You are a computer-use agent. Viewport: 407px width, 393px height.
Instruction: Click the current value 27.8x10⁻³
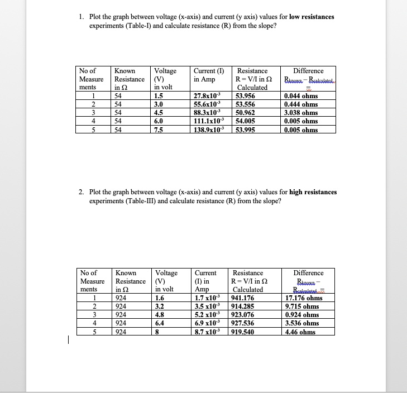pos(208,96)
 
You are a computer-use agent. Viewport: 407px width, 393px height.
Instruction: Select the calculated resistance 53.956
pos(246,96)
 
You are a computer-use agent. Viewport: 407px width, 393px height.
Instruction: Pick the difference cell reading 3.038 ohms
pos(301,113)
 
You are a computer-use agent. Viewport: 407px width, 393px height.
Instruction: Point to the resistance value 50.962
pos(246,113)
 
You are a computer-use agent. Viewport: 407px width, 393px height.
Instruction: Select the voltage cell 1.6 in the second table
pos(160,298)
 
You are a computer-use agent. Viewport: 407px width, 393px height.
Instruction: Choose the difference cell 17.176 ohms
pos(303,298)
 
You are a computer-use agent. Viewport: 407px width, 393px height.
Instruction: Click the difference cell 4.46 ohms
pos(300,332)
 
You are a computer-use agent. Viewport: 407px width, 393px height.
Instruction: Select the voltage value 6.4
pos(160,323)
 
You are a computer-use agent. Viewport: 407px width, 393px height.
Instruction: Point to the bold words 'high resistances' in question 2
pos(313,192)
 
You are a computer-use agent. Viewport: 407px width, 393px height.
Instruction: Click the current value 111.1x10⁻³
pos(209,121)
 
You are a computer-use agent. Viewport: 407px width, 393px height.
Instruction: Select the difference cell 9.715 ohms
pos(301,306)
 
